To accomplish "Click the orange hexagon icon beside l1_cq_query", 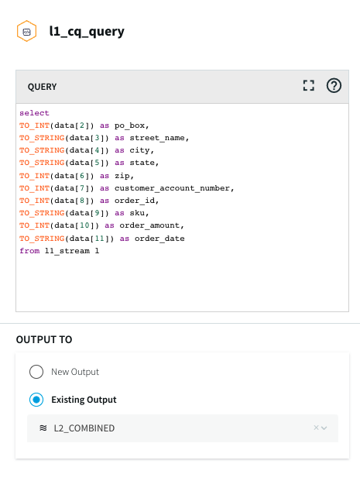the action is [26, 31].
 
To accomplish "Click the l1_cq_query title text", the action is [87, 32].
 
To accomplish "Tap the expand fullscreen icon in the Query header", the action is [308, 85].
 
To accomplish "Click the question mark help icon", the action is [334, 85].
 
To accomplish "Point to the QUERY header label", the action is [43, 87].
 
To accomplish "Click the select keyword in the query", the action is [34, 113].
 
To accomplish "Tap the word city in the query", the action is [141, 150].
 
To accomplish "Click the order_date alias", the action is [159, 239].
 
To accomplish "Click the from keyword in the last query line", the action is [29, 251].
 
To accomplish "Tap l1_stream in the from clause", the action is [67, 251].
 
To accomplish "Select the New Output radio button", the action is [36, 372].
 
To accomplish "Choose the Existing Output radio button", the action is [36, 400].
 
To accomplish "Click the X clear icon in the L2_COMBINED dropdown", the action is [316, 428].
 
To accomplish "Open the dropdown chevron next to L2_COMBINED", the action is [324, 428].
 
